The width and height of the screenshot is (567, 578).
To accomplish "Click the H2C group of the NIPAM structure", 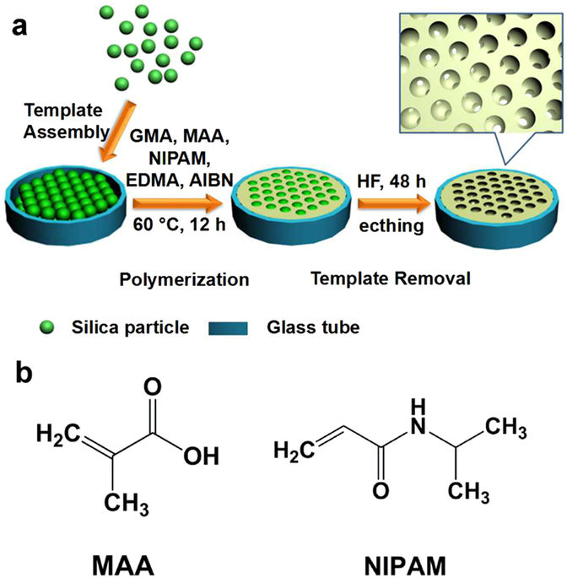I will [x=293, y=452].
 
